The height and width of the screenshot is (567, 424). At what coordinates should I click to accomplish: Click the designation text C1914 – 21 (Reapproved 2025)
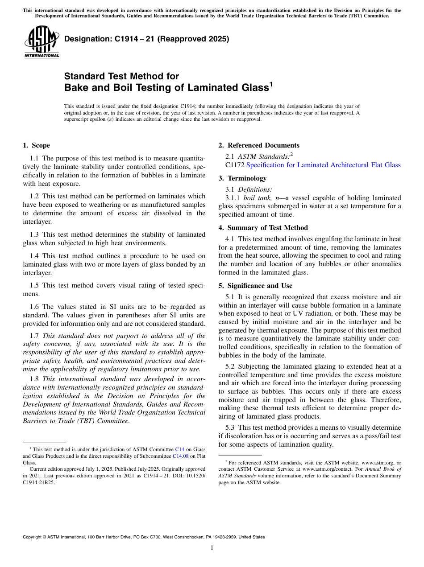(x=147, y=39)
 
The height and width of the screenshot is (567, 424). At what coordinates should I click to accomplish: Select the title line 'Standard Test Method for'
(x=122, y=76)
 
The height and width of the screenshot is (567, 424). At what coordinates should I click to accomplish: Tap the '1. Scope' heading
(x=37, y=145)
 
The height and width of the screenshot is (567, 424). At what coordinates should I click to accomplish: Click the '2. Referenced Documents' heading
(x=259, y=145)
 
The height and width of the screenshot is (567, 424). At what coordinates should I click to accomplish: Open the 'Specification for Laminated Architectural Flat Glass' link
(x=323, y=165)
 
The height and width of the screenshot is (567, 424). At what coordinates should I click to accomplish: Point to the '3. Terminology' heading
(x=242, y=178)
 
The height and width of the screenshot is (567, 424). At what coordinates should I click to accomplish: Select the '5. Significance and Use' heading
(x=255, y=286)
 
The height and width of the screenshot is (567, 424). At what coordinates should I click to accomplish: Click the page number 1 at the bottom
(x=212, y=548)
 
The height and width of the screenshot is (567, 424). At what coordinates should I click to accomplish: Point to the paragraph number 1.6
(x=34, y=307)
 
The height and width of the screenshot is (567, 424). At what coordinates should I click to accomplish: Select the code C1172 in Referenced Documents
(x=235, y=165)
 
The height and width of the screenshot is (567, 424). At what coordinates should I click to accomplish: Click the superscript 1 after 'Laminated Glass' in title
(x=270, y=84)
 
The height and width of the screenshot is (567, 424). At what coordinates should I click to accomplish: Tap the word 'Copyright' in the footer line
(x=33, y=537)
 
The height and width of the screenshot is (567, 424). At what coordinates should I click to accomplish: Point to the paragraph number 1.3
(x=34, y=234)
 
